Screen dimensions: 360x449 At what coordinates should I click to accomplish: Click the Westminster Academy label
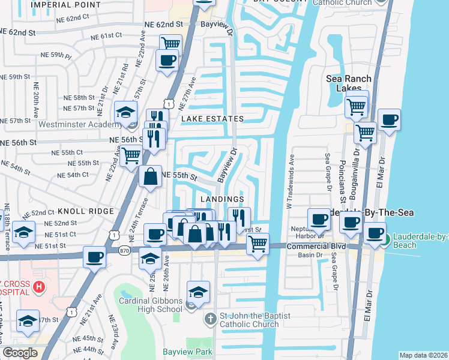pos(80,125)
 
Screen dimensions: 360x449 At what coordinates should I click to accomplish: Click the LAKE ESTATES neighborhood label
pos(212,119)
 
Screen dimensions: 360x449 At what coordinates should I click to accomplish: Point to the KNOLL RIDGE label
pos(86,211)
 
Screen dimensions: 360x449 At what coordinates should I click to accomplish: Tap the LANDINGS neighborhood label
pos(222,199)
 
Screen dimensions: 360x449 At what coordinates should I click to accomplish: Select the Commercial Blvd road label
pos(316,247)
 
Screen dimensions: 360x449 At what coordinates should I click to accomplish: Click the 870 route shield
pos(124,250)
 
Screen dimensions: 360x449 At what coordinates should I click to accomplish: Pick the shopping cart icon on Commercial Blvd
pos(258,243)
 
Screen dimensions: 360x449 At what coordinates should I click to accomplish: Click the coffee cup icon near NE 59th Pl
pos(167,59)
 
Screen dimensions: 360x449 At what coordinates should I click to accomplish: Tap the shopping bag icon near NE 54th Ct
pos(150,176)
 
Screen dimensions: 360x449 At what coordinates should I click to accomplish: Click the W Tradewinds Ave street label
pos(291,181)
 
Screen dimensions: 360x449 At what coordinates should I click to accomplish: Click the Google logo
pos(20,353)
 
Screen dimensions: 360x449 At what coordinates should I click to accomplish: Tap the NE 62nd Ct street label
pos(77,19)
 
